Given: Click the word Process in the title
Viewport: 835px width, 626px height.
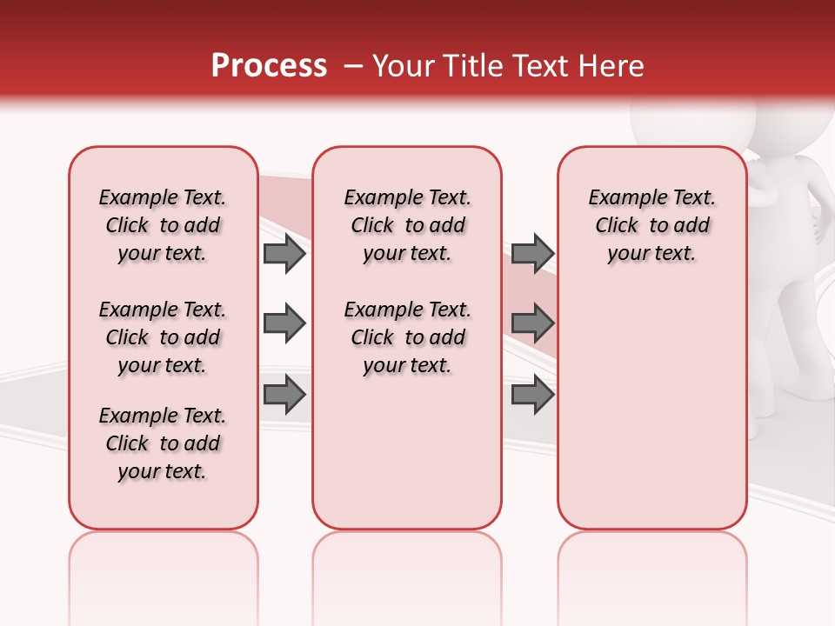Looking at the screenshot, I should pos(268,66).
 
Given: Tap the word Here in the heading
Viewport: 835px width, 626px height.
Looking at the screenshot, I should pos(612,66).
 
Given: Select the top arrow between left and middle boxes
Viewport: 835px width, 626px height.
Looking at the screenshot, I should pos(284,253).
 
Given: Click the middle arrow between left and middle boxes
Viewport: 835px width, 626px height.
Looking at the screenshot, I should pos(284,323).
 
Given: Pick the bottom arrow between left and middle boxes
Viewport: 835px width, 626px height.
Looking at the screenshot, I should pos(284,395).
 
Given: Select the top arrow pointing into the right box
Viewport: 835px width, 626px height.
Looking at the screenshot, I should pos(532,253).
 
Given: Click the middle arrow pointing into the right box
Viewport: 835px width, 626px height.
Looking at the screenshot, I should pos(532,323).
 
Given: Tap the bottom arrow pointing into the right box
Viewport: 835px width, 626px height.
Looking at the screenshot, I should pos(532,395).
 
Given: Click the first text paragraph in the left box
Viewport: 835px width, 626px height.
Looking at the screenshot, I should pos(163,225).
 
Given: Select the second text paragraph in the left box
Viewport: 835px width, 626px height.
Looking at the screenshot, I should pos(163,337).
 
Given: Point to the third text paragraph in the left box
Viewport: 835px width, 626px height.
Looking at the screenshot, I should pos(163,443).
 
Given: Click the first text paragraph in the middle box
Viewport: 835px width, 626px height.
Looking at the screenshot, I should pos(407,225).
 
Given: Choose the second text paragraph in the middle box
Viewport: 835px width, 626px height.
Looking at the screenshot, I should pos(407,337).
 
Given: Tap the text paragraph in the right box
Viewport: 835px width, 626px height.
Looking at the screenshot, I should pos(651,225).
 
